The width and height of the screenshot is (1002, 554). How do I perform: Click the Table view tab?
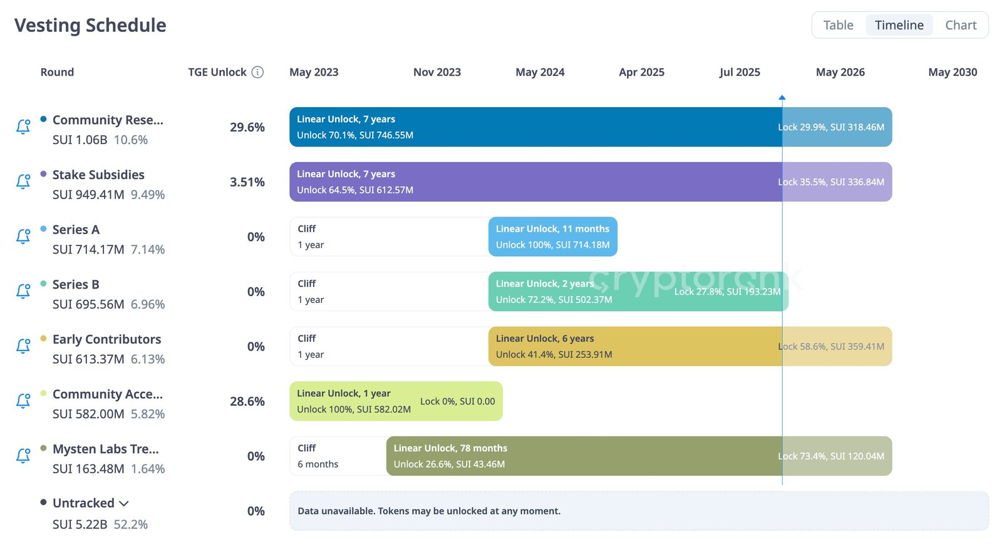tap(838, 25)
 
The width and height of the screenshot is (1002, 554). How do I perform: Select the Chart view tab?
tap(960, 25)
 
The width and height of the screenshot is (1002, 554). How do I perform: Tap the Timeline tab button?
tap(899, 25)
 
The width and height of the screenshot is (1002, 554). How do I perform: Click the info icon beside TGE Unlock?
tap(257, 72)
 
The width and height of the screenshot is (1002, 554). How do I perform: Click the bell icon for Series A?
tap(23, 236)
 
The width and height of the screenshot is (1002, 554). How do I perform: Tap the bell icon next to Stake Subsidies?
tap(23, 182)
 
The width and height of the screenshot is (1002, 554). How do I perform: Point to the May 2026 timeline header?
tap(840, 72)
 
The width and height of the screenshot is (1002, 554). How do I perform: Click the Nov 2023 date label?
tap(436, 72)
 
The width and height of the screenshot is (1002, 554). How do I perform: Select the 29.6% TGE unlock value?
tap(247, 127)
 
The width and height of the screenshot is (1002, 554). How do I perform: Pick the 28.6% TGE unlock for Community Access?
tap(247, 401)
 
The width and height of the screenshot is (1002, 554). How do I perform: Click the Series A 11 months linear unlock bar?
tap(552, 237)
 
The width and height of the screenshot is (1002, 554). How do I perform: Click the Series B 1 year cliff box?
tap(388, 292)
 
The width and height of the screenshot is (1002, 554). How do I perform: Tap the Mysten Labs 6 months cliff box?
tap(338, 456)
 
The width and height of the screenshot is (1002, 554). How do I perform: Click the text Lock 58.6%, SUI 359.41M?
tap(831, 347)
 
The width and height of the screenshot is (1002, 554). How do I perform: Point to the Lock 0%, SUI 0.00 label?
tap(457, 401)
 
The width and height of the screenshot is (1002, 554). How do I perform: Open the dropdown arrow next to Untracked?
tap(124, 504)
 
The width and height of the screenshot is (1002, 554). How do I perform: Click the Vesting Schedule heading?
tap(90, 25)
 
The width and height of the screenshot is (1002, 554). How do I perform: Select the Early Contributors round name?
tap(106, 339)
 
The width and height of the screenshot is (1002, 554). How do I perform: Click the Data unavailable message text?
tap(429, 511)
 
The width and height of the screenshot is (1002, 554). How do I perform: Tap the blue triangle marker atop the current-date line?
tap(782, 98)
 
